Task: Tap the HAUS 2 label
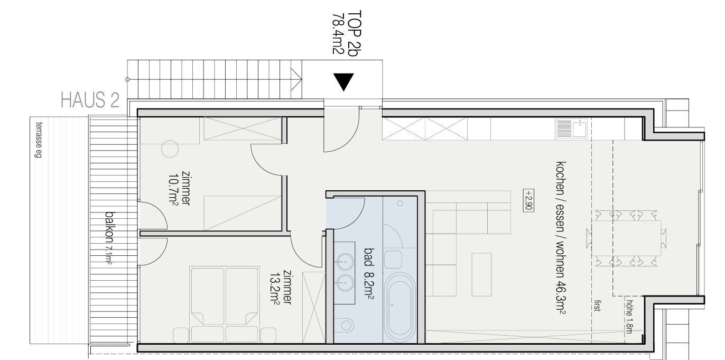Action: pos(90,100)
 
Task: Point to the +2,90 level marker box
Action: pos(528,200)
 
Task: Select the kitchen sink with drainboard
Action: pos(572,128)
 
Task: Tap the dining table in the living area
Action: pos(626,239)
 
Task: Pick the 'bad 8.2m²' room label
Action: pos(369,273)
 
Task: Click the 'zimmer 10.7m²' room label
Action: pos(180,188)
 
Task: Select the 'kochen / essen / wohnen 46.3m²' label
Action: pos(561,238)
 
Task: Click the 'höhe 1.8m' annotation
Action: pos(629,317)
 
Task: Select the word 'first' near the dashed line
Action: pos(597,306)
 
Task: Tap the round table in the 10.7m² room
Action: pos(170,149)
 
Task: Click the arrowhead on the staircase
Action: pos(296,79)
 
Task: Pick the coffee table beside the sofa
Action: pos(481,274)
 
